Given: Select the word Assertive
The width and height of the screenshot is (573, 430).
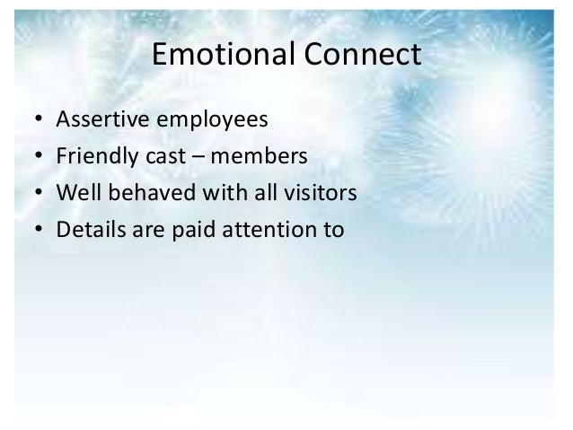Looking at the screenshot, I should coord(98,119).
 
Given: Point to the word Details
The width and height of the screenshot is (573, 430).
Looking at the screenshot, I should coord(88,229).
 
